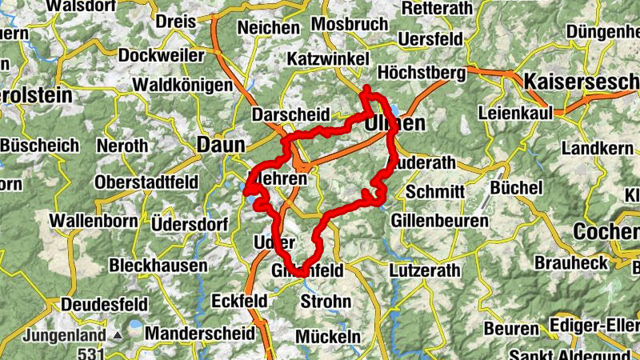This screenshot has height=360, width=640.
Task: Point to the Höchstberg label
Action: [x=420, y=73]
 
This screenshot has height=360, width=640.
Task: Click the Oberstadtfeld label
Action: [x=146, y=182]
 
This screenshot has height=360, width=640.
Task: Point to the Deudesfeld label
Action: [x=104, y=304]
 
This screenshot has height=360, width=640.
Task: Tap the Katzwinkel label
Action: [x=327, y=59]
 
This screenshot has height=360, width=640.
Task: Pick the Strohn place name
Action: [x=325, y=302]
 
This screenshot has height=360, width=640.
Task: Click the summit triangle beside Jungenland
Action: [x=118, y=335]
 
